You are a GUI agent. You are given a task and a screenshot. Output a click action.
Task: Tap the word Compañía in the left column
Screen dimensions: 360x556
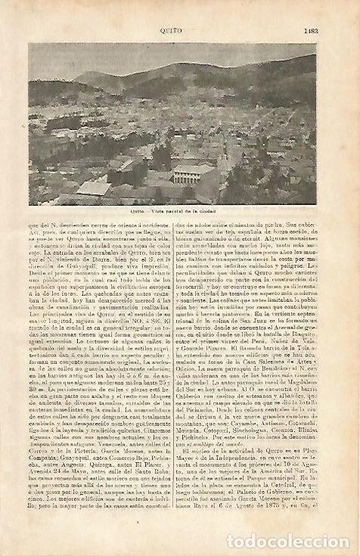tap(44, 465)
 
